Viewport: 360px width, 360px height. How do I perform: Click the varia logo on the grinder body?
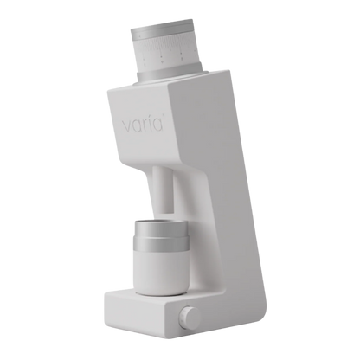pyautogui.click(x=144, y=124)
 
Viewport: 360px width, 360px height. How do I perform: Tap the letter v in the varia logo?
pyautogui.click(x=126, y=126)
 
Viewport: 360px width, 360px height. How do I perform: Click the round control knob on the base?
pyautogui.click(x=190, y=316)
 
